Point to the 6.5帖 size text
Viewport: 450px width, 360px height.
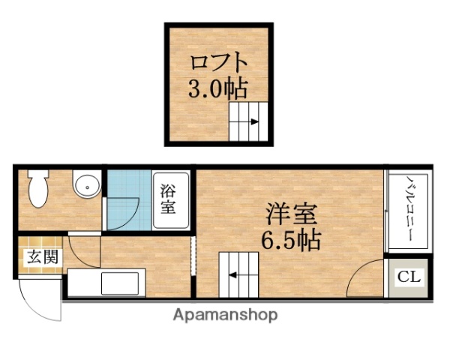tap(292, 241)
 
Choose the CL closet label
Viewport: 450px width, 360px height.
tap(409, 277)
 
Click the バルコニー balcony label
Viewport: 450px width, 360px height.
tap(410, 211)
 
